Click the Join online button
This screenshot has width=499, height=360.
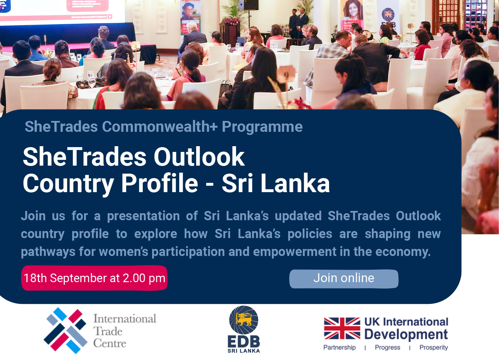coord(344,279)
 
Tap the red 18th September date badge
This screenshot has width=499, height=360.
coord(94,278)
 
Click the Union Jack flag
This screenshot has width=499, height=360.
coord(342,328)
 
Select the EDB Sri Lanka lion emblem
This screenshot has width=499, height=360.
coord(244,320)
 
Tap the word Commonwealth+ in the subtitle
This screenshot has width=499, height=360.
coord(160,127)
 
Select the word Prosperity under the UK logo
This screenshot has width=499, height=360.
coord(434,348)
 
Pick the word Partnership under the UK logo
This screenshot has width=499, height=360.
coord(340,347)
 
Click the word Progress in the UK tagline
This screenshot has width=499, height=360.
coord(388,348)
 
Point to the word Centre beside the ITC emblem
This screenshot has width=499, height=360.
coord(110,343)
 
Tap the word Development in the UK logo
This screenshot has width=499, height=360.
coord(406,334)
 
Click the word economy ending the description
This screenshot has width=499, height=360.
coord(403,251)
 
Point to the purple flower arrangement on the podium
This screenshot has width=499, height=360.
coord(232,21)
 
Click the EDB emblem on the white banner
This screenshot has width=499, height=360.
coord(388,14)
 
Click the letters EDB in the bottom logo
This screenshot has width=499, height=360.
coord(244,341)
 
